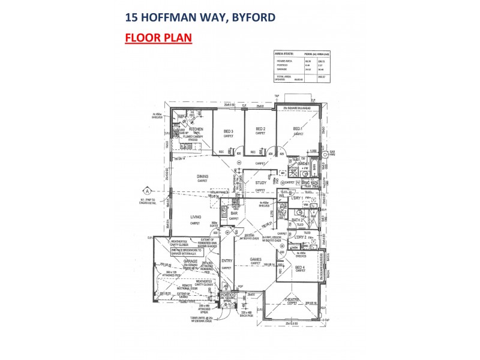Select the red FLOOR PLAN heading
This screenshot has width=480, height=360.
158,39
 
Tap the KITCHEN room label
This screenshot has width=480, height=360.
197,129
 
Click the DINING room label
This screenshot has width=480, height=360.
203,176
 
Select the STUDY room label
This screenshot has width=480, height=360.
260,183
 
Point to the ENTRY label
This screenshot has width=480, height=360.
226,261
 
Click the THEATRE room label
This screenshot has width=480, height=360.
292,300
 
